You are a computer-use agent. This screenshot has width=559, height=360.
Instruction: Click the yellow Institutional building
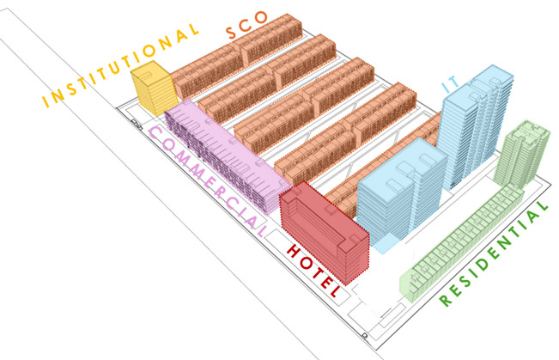152,86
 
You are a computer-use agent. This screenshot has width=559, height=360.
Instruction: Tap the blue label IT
451,83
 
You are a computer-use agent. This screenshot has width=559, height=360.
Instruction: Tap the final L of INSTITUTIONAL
196,29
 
